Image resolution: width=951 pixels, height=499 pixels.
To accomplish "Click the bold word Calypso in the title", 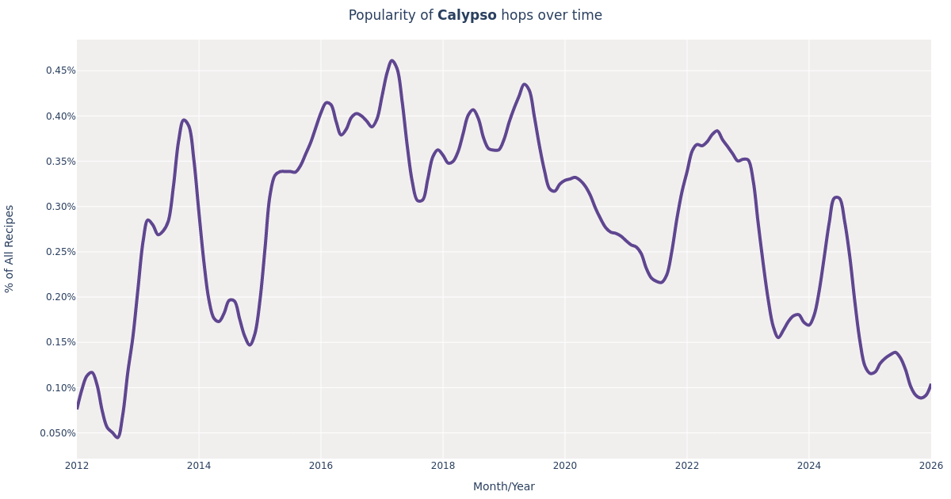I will click(x=467, y=16).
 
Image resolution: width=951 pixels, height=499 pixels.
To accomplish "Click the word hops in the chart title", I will click(x=516, y=16).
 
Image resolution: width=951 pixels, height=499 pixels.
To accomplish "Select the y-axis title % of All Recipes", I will click(x=10, y=249).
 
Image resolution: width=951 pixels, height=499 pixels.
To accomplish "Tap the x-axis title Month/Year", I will click(x=503, y=487).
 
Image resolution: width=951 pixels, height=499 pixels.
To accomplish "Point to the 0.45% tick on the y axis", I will click(x=60, y=70).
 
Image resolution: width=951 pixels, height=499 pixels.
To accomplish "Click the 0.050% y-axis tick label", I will click(x=58, y=433).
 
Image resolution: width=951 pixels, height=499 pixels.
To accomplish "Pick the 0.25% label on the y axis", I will click(x=60, y=252).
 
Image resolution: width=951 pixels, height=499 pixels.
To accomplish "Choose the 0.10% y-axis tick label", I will click(x=60, y=388).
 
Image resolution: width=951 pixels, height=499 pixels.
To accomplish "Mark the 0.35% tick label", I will click(x=60, y=162).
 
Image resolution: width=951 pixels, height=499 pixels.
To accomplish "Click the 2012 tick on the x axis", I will click(x=77, y=466).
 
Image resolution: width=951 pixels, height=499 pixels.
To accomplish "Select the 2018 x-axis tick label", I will click(x=443, y=466).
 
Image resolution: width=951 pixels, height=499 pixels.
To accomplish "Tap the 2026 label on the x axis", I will click(x=930, y=466).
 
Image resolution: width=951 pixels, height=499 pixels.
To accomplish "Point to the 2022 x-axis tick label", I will click(x=687, y=466).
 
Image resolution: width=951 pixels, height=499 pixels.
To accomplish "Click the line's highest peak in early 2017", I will click(x=391, y=61).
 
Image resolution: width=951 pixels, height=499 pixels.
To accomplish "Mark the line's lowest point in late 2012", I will click(x=117, y=437).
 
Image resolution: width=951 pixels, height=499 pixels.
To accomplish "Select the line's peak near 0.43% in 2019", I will click(x=524, y=85).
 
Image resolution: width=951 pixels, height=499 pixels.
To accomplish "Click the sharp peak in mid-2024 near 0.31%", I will click(x=836, y=197).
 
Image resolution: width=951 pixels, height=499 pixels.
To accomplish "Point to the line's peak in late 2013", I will click(x=184, y=120).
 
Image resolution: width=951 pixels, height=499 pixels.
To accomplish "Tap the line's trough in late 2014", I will click(x=250, y=345).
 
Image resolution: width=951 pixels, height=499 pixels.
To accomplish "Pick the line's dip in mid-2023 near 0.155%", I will click(x=778, y=337).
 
